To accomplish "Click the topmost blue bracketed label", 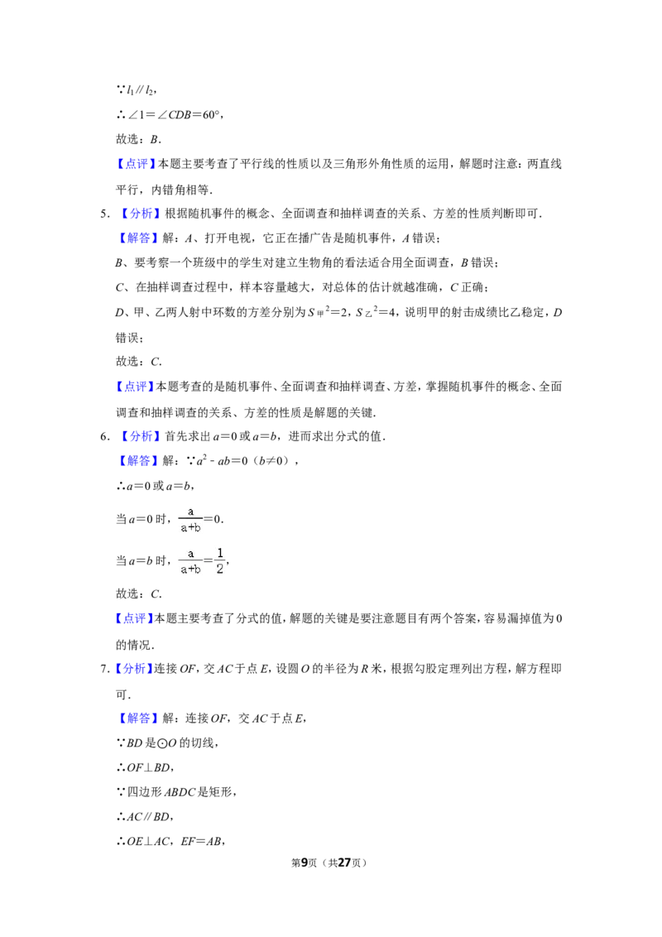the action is pyautogui.click(x=136, y=164).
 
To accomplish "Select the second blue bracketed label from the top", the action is pyautogui.click(x=142, y=214).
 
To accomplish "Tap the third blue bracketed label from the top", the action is pyautogui.click(x=138, y=238).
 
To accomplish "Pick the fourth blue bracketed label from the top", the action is pyautogui.click(x=136, y=387).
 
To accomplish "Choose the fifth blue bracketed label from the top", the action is pyautogui.click(x=142, y=436).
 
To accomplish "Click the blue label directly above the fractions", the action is pyautogui.click(x=138, y=461).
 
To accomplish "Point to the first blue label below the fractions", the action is pyautogui.click(x=135, y=618).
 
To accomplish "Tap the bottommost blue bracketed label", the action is pyautogui.click(x=138, y=718).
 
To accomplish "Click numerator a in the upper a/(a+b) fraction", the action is pyautogui.click(x=190, y=511).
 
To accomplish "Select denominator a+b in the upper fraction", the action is pyautogui.click(x=191, y=527).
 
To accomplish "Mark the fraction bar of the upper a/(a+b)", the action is pyautogui.click(x=190, y=519).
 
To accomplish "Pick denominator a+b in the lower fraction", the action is pyautogui.click(x=191, y=569).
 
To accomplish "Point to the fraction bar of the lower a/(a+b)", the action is pyautogui.click(x=190, y=560).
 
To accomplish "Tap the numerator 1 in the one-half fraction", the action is pyautogui.click(x=220, y=552).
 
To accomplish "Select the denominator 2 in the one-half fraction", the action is pyautogui.click(x=220, y=569).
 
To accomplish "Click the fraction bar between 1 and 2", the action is pyautogui.click(x=220, y=560).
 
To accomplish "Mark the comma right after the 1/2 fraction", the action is pyautogui.click(x=228, y=564).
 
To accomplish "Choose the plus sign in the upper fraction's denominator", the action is pyautogui.click(x=191, y=528).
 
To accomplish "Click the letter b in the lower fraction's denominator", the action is pyautogui.click(x=199, y=569).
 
